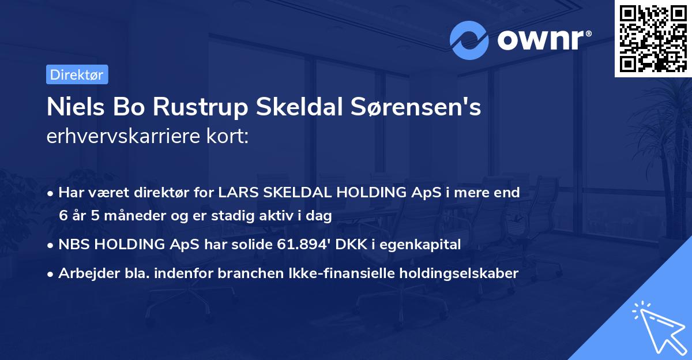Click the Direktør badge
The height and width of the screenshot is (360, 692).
[x=77, y=74]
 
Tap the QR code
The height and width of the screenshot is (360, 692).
[x=653, y=38]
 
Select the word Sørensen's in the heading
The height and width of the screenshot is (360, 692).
[x=416, y=107]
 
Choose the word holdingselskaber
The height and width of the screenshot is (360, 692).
[x=454, y=273]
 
